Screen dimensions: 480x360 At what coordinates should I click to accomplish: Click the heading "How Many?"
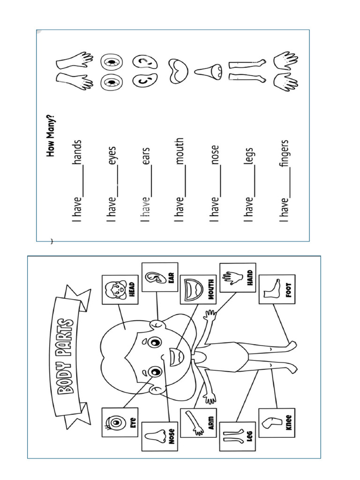50,135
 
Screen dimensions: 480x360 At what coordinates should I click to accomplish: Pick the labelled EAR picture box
159,277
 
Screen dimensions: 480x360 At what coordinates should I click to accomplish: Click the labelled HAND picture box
237,277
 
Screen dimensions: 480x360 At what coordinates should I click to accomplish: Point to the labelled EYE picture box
120,422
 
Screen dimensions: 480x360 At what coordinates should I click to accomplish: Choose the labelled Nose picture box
159,436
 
